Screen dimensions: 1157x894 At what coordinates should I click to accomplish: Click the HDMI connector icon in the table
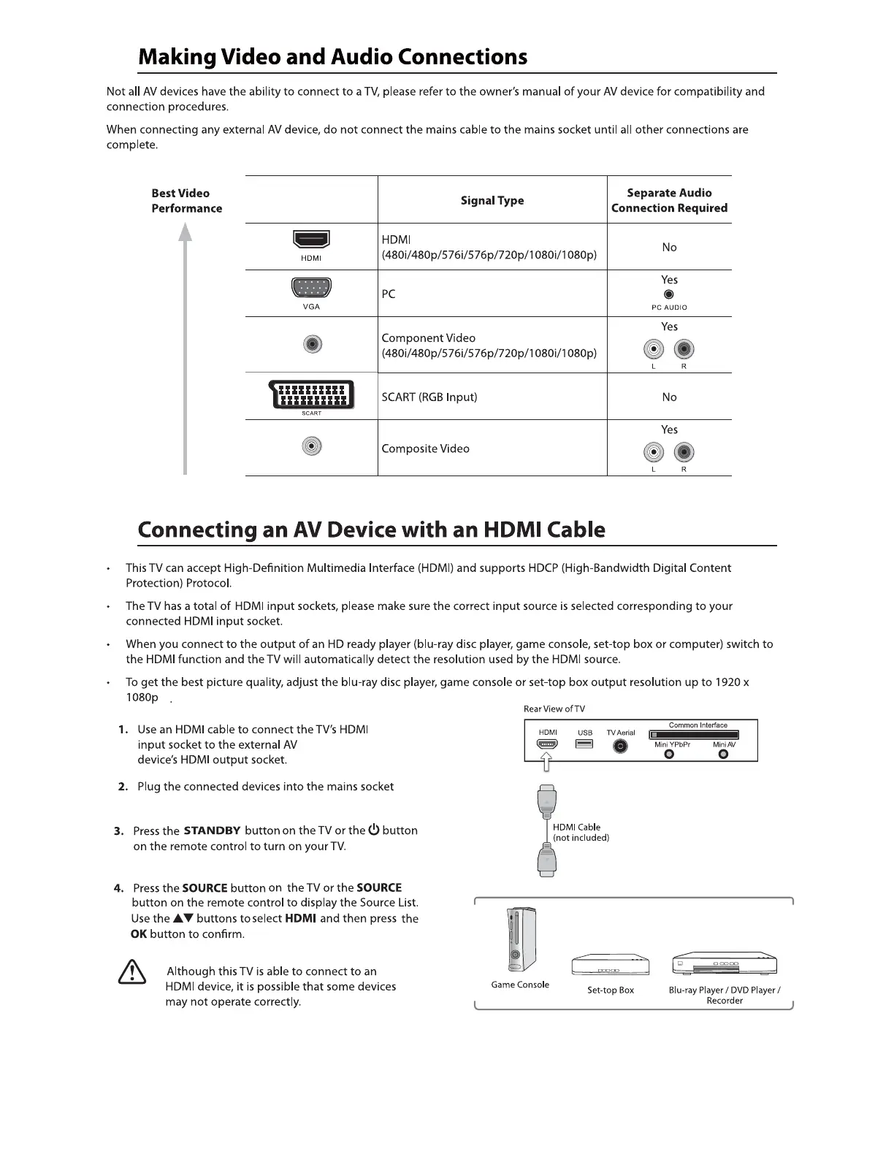[311, 240]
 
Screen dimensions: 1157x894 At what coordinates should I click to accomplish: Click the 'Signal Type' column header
[492, 201]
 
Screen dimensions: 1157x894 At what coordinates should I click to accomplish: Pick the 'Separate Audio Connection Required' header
[669, 200]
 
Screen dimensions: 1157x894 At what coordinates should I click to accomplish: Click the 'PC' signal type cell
[389, 294]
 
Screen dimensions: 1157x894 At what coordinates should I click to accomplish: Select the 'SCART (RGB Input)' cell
[429, 397]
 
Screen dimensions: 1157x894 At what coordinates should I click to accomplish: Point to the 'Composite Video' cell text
[425, 448]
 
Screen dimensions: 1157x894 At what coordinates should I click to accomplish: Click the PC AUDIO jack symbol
[669, 295]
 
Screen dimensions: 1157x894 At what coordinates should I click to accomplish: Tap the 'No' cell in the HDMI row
[669, 248]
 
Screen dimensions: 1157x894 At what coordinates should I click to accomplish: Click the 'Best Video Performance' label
[186, 201]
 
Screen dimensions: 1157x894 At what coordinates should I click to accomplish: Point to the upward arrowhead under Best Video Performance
[186, 232]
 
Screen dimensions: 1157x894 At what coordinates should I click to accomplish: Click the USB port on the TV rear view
[584, 744]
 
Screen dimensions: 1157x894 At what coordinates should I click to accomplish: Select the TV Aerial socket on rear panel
[620, 746]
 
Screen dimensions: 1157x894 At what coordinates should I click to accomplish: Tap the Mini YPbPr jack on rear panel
[668, 755]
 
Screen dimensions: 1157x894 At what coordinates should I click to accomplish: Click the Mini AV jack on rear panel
[723, 755]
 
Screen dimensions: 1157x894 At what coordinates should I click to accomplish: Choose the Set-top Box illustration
[610, 966]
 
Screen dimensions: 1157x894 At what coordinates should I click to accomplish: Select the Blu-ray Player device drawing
[725, 964]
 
